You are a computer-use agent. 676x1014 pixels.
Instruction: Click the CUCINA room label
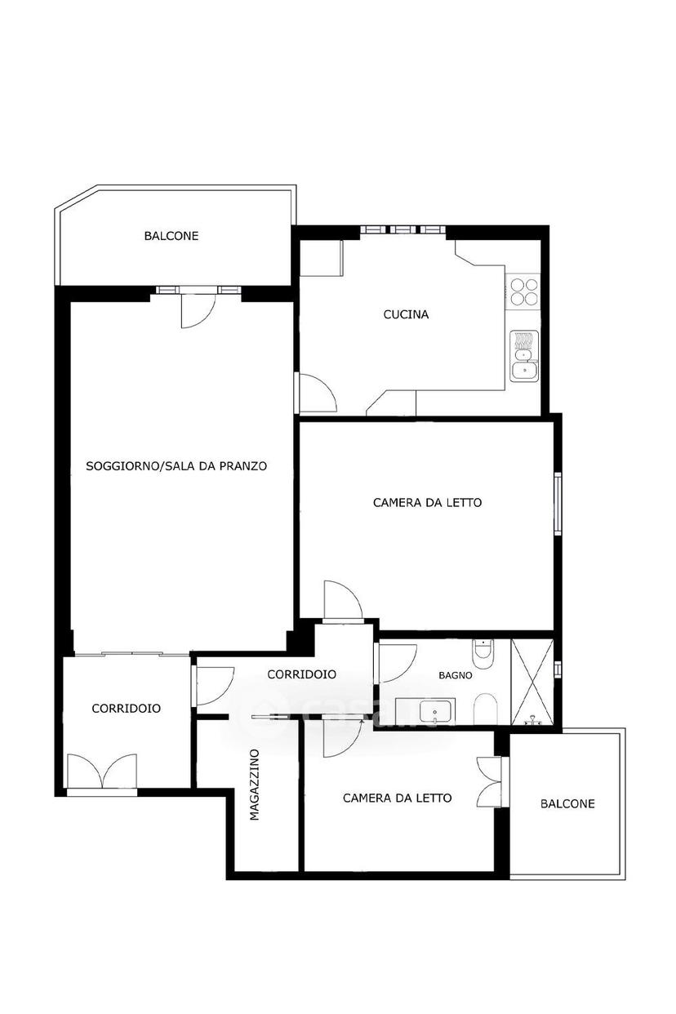pyautogui.click(x=406, y=314)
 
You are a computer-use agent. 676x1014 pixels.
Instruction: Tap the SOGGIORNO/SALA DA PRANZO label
pyautogui.click(x=176, y=466)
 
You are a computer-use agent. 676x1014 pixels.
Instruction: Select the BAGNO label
pyautogui.click(x=455, y=675)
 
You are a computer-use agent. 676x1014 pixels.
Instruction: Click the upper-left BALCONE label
pyautogui.click(x=171, y=236)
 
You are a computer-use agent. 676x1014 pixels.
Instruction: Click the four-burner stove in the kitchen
pyautogui.click(x=524, y=292)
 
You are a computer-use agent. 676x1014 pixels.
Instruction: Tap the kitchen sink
pyautogui.click(x=524, y=356)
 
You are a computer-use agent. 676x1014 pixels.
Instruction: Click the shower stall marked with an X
pyautogui.click(x=532, y=682)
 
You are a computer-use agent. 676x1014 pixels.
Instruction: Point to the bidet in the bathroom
pyautogui.click(x=486, y=709)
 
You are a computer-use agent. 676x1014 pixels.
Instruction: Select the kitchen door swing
pyautogui.click(x=317, y=393)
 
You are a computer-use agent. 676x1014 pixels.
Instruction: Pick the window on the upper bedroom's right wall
pyautogui.click(x=558, y=504)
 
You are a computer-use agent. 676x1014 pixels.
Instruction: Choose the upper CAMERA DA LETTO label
pyautogui.click(x=427, y=502)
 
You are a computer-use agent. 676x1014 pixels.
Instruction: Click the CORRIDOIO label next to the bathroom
pyautogui.click(x=301, y=674)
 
